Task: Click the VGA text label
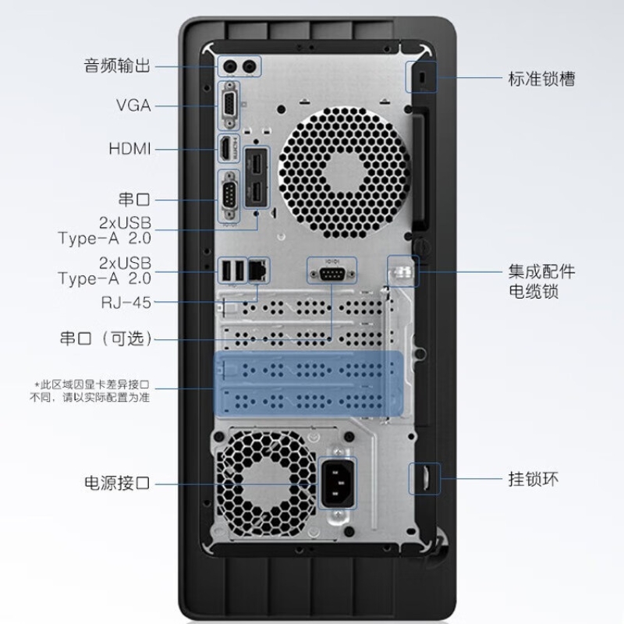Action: tap(133, 105)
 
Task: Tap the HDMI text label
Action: tap(129, 149)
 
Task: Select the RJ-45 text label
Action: tap(126, 303)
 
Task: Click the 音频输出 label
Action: tap(117, 66)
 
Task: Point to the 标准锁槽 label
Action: tap(541, 79)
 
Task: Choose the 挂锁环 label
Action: tap(534, 479)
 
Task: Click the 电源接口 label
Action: tap(117, 483)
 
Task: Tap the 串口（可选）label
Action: tap(106, 339)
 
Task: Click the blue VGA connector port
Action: tap(229, 105)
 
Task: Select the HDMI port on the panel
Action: tap(226, 149)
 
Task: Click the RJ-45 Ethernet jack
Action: tap(259, 270)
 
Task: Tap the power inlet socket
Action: tap(338, 483)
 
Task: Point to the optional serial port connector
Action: tap(331, 274)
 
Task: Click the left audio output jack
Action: tap(231, 66)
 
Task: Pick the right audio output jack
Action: tap(250, 66)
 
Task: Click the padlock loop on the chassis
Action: tap(426, 479)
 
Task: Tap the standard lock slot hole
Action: tap(423, 77)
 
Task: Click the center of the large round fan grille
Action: tap(343, 172)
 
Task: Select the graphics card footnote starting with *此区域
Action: tap(90, 391)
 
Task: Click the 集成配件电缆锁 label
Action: tap(541, 282)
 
